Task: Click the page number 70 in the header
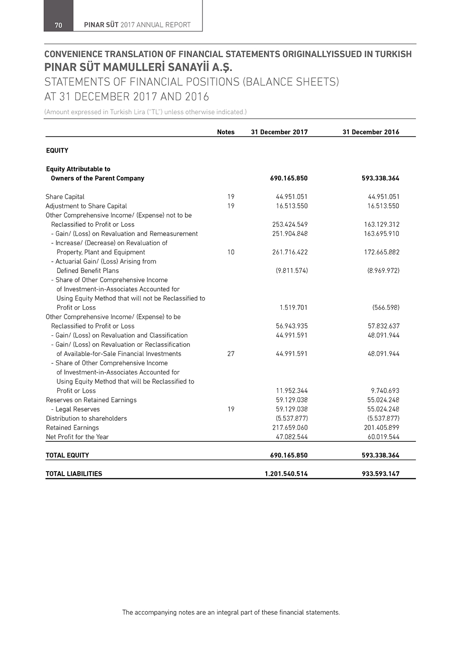pyautogui.click(x=58, y=25)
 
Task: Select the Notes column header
pyautogui.click(x=225, y=132)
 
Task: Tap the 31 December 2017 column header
pyautogui.click(x=279, y=132)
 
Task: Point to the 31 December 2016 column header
pyautogui.click(x=370, y=132)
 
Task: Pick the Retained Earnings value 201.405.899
pyautogui.click(x=381, y=428)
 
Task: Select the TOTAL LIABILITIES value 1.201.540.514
pyautogui.click(x=286, y=474)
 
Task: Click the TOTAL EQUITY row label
pyautogui.click(x=67, y=455)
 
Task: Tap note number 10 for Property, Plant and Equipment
pyautogui.click(x=230, y=252)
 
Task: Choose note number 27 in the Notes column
pyautogui.click(x=230, y=354)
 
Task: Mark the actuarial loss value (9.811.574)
pyautogui.click(x=291, y=270)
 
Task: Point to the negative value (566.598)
pyautogui.click(x=386, y=308)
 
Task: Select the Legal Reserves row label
pyautogui.click(x=77, y=409)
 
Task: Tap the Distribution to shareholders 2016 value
pyautogui.click(x=383, y=418)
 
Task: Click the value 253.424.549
pyautogui.click(x=290, y=225)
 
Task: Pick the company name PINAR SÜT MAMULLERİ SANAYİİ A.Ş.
pyautogui.click(x=138, y=67)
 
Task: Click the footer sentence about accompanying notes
pyautogui.click(x=231, y=612)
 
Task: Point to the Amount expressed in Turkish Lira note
pyautogui.click(x=145, y=112)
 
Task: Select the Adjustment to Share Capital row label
pyautogui.click(x=86, y=206)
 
